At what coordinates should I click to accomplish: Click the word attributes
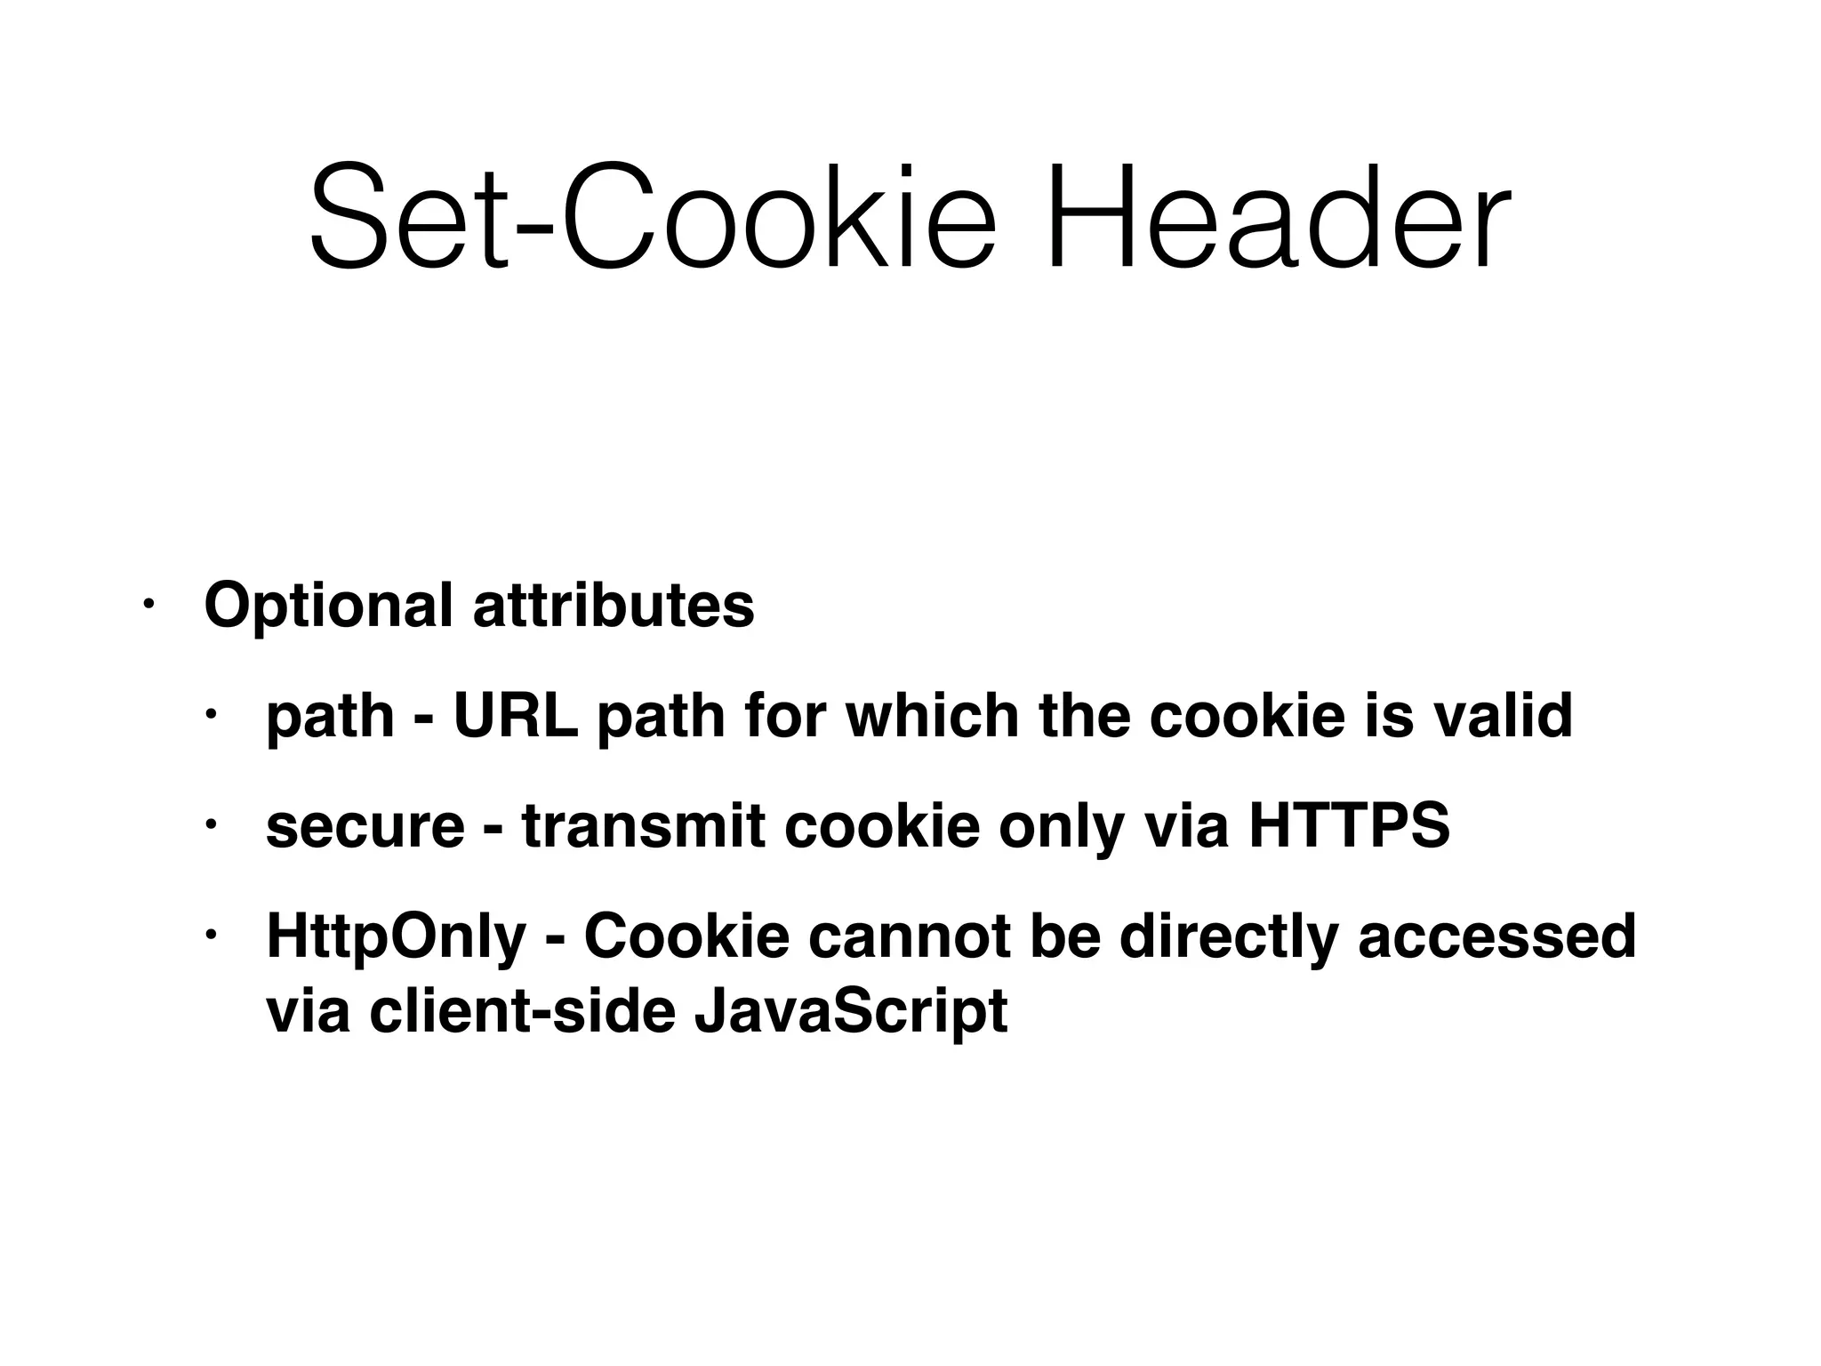(614, 606)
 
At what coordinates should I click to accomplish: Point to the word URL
(516, 716)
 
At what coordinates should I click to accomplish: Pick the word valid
(1502, 716)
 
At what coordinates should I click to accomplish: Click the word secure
(365, 827)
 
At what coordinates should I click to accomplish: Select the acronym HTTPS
(1349, 827)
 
